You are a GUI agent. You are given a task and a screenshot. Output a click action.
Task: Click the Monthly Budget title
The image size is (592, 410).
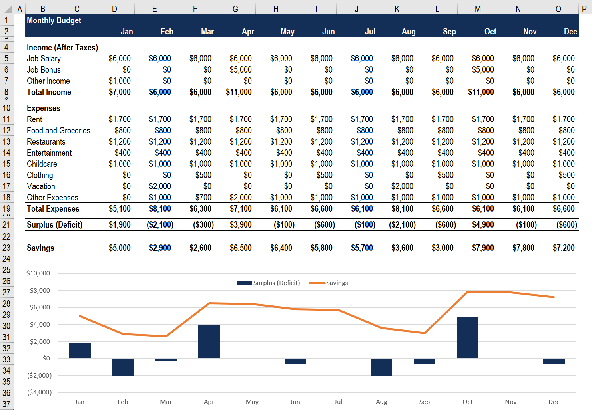54,20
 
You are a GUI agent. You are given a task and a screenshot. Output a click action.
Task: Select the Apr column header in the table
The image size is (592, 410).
248,32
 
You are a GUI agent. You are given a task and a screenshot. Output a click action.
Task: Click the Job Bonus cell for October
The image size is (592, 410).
483,70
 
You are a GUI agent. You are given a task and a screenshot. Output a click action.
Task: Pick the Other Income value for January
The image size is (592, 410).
120,81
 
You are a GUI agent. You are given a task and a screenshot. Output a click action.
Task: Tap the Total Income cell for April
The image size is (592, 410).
239,92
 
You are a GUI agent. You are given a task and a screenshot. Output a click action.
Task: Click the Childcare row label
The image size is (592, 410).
42,164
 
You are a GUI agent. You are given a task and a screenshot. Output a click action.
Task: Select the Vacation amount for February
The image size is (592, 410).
160,186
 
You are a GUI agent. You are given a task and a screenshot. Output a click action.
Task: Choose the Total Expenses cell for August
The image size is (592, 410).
402,209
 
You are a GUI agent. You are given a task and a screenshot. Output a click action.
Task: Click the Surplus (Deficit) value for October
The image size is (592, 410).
483,225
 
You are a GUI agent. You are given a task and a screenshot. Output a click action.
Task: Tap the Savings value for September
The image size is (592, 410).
443,248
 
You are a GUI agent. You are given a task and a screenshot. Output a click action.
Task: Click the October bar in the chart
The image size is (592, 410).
467,337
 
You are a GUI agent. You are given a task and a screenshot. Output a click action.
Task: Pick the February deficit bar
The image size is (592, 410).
123,367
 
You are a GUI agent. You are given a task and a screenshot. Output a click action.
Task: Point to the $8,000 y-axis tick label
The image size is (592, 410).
40,291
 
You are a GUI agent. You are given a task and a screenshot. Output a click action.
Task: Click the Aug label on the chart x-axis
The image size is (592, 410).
381,402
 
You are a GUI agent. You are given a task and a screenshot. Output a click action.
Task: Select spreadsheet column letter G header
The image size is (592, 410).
235,9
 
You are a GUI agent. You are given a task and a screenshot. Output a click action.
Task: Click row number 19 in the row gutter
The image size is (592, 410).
6,209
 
